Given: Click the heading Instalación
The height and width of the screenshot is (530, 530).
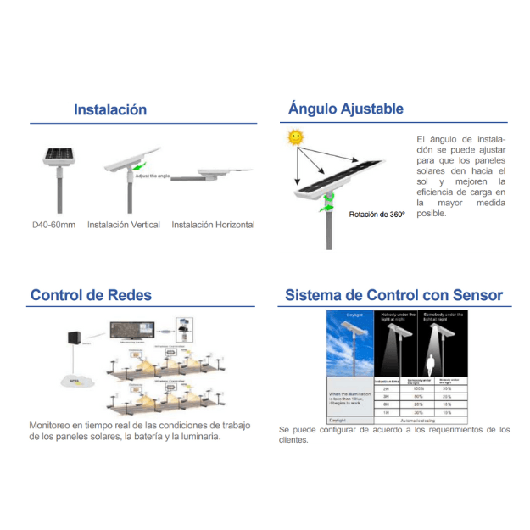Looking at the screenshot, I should [x=110, y=109].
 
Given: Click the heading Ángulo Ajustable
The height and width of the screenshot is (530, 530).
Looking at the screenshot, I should [x=345, y=109].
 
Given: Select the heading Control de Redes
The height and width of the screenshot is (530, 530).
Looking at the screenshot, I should [x=91, y=295].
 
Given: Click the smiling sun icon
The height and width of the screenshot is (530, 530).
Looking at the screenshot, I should [x=295, y=137].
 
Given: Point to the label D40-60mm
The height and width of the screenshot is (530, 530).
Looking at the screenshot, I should [x=48, y=225].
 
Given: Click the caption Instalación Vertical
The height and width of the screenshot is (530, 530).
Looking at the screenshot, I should [x=123, y=225].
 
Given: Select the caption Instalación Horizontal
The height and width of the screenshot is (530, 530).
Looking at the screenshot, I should [x=213, y=225].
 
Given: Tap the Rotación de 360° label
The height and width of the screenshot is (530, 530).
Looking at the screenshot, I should [x=377, y=215].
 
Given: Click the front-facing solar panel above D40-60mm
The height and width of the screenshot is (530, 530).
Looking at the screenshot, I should [x=59, y=156].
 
